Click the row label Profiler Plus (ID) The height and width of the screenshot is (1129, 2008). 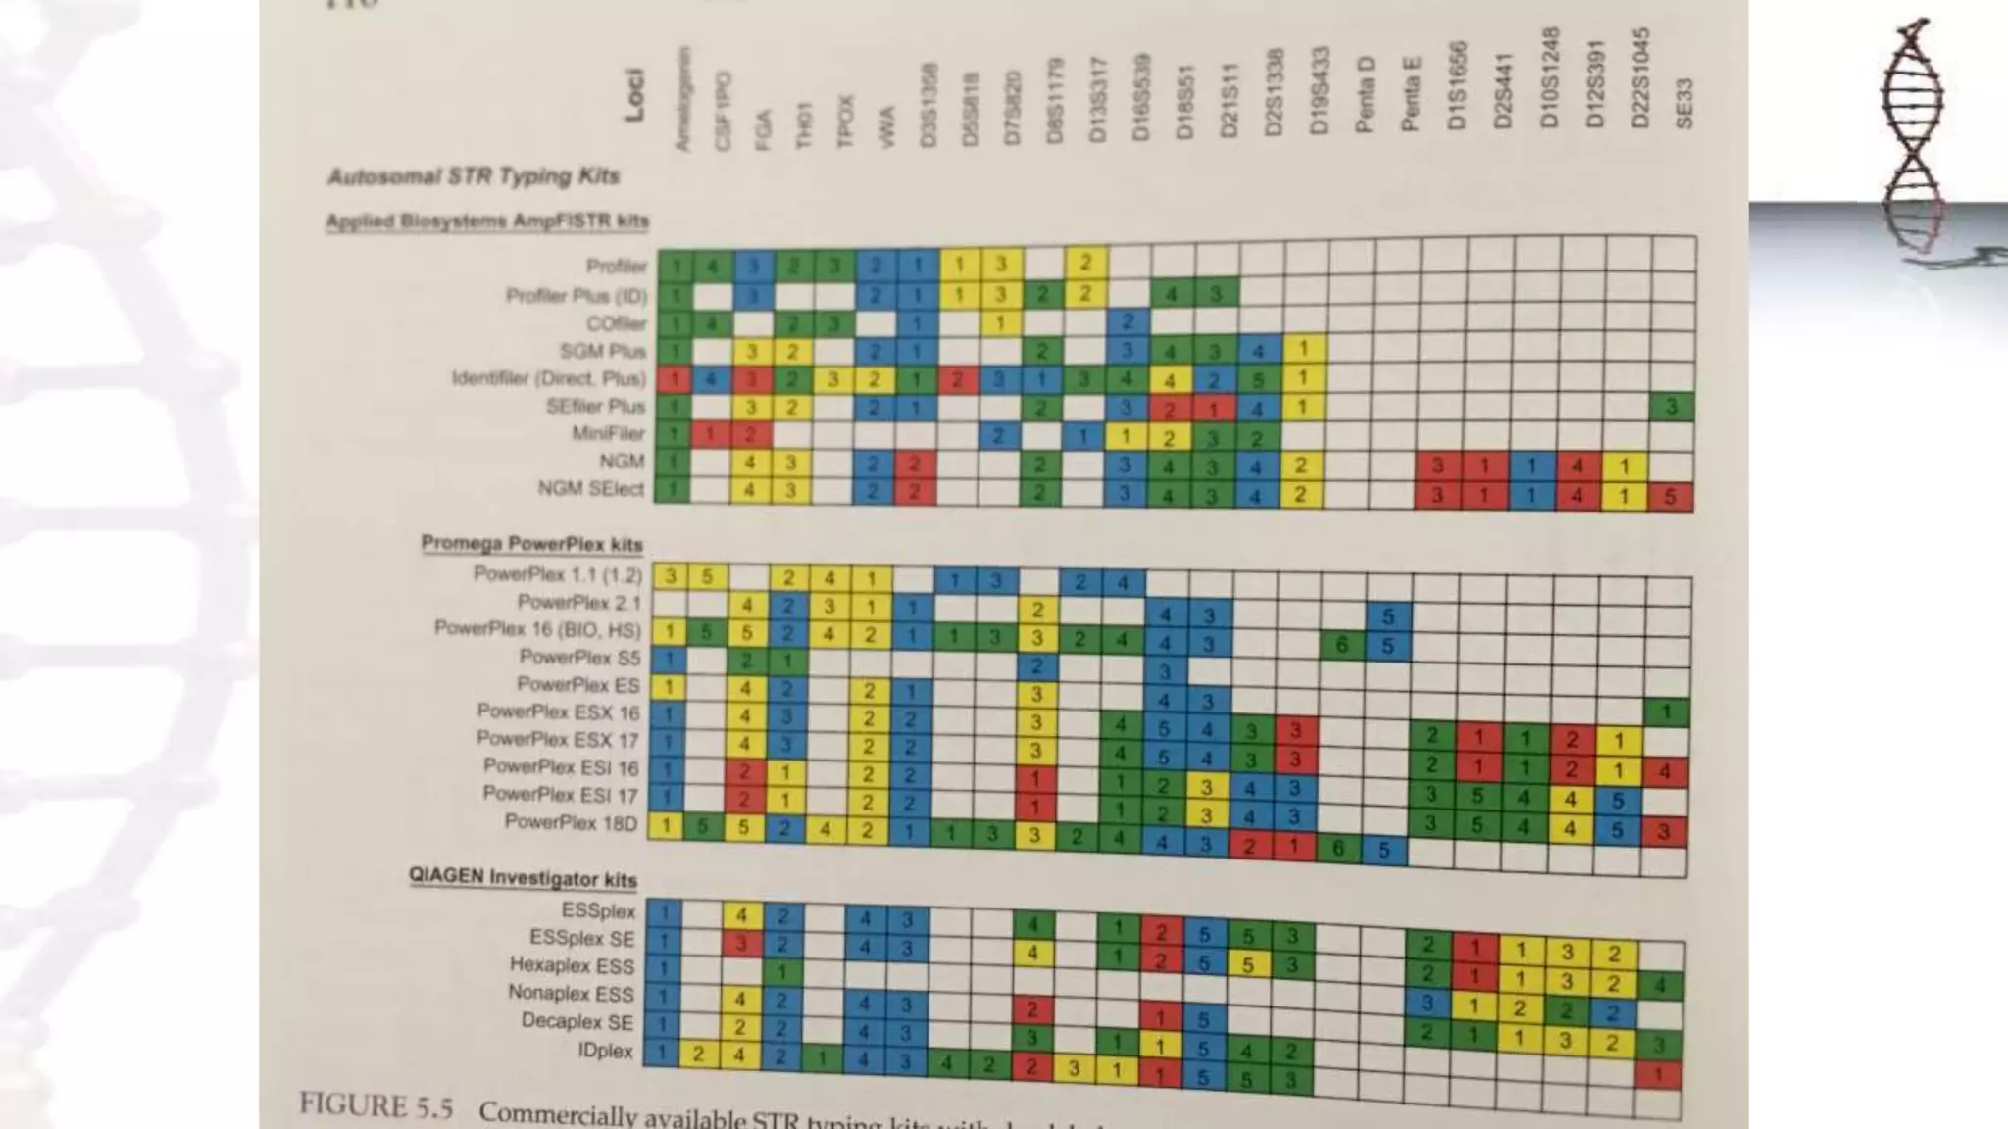576,295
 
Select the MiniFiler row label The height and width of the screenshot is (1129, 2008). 608,433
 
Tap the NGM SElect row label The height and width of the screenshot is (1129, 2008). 590,488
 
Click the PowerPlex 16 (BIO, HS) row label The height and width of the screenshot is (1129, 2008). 537,628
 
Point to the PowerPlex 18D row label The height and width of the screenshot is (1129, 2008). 571,822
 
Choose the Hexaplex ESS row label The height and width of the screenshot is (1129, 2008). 572,965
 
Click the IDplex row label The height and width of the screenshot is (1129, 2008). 605,1051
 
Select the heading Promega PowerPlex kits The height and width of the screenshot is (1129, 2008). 531,544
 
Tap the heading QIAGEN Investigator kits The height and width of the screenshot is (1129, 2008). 523,878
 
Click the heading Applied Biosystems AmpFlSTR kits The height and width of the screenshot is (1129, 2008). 487,221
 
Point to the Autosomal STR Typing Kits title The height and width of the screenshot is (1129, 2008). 474,176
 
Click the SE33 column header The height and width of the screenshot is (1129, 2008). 1683,103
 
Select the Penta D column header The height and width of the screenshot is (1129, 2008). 1364,94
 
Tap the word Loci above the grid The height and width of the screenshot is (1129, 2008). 634,95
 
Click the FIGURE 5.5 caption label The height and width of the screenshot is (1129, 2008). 376,1106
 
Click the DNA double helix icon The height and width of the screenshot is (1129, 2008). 1912,137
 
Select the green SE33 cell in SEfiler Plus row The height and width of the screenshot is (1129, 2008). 1673,407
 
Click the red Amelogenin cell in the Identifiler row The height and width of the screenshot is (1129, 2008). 674,378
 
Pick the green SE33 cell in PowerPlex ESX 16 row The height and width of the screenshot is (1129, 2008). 1666,712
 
